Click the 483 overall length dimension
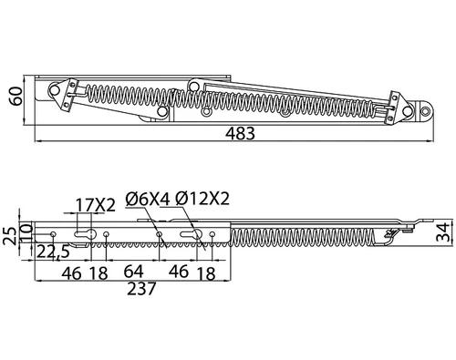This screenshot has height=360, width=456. point(240,134)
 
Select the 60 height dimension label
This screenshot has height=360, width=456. point(16,96)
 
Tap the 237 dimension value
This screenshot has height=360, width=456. point(141,289)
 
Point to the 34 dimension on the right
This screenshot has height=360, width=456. point(442,231)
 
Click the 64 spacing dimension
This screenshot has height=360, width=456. point(133,272)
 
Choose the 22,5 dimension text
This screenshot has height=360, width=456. point(53,252)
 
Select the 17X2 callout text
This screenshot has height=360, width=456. point(96,205)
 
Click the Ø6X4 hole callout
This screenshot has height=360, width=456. point(148,200)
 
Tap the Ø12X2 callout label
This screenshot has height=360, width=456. point(202,199)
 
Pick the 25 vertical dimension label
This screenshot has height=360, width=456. point(9,235)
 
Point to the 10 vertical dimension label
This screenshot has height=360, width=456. point(26,232)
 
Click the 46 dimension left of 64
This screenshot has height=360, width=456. point(72,273)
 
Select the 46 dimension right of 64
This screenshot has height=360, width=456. point(179,272)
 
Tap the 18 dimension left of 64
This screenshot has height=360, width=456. point(98,273)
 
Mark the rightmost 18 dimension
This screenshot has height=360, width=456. point(206,273)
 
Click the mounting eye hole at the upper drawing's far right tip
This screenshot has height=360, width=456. point(425,110)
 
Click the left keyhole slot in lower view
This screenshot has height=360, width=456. point(86,234)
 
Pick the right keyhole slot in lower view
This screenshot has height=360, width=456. point(192,233)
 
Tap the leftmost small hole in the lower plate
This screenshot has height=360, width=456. point(53,234)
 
